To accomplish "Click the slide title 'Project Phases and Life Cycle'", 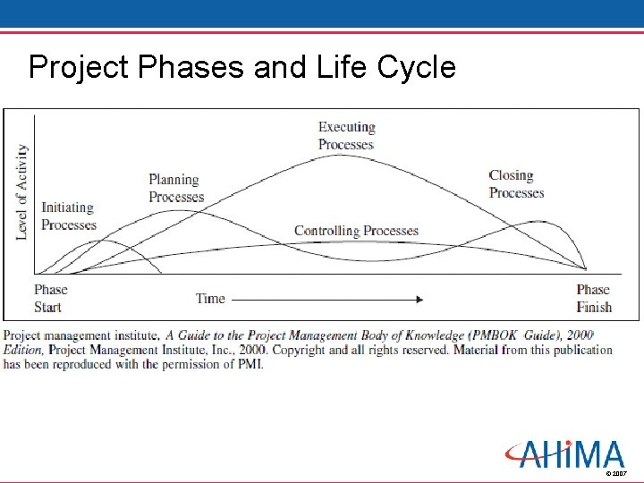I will pyautogui.click(x=241, y=67).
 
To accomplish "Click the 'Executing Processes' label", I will pyautogui.click(x=346, y=136).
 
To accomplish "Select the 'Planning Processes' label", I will pyautogui.click(x=176, y=189).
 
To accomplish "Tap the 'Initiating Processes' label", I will pyautogui.click(x=68, y=216).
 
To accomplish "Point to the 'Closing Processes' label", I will pyautogui.click(x=516, y=184).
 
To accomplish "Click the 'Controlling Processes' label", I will pyautogui.click(x=356, y=231).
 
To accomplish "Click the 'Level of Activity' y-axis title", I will pyautogui.click(x=22, y=192).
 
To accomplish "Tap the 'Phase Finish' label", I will pyautogui.click(x=593, y=298).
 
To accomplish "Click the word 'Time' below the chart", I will pyautogui.click(x=211, y=299).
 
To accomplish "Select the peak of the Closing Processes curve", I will pyautogui.click(x=534, y=222).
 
